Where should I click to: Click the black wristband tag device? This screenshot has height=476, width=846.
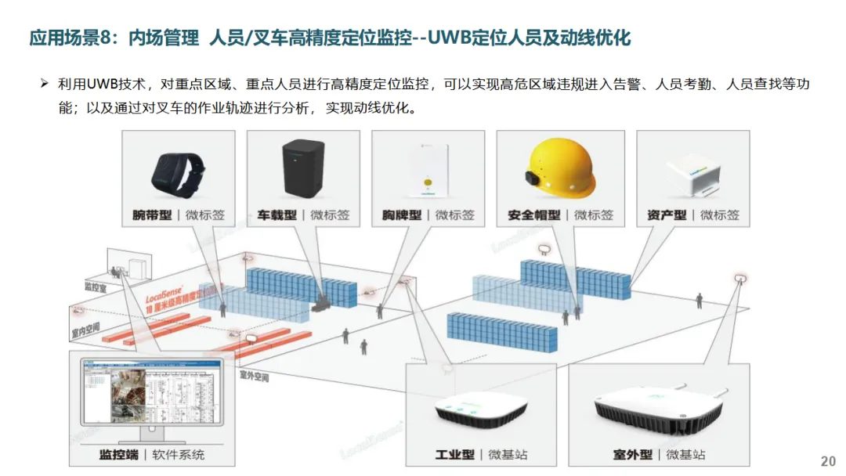point(179,173)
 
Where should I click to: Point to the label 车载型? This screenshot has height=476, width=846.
point(277,215)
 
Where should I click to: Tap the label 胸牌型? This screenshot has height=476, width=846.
point(402,215)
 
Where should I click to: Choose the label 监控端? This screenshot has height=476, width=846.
point(118,454)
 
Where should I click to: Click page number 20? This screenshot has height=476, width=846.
point(827,461)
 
